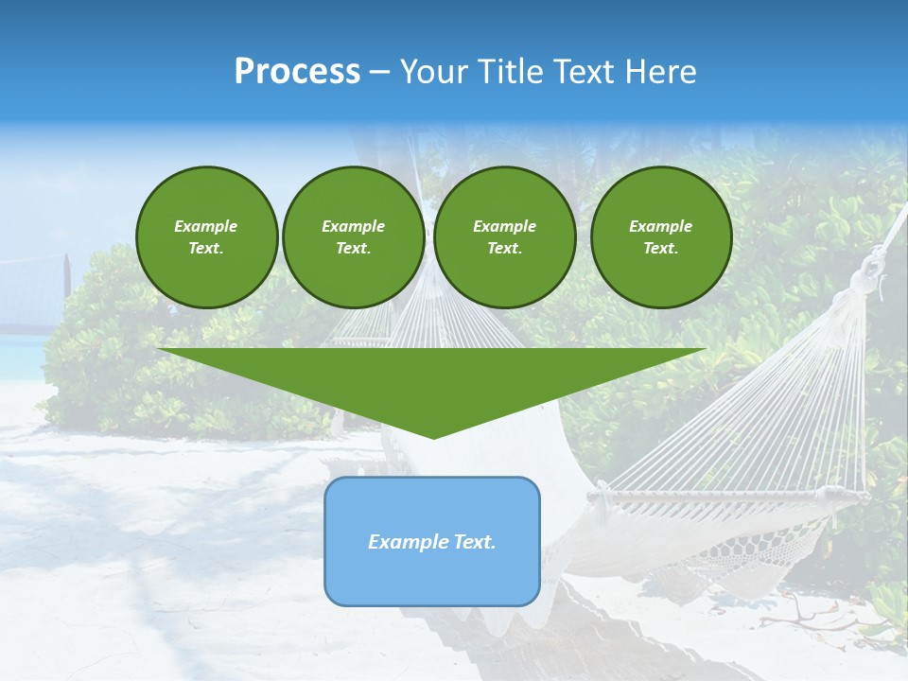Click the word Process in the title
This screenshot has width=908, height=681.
[297, 72]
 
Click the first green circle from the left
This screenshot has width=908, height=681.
[206, 237]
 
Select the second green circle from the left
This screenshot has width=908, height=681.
[354, 237]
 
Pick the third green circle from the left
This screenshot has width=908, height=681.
[504, 237]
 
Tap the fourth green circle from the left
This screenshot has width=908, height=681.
[661, 237]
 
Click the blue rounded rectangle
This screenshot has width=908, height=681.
[432, 577]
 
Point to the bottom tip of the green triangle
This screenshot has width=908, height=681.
[433, 438]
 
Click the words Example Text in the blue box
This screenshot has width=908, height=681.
[432, 542]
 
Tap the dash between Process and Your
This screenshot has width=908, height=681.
[380, 72]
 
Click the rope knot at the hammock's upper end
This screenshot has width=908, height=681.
[864, 279]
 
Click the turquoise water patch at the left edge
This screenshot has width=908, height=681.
[19, 355]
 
